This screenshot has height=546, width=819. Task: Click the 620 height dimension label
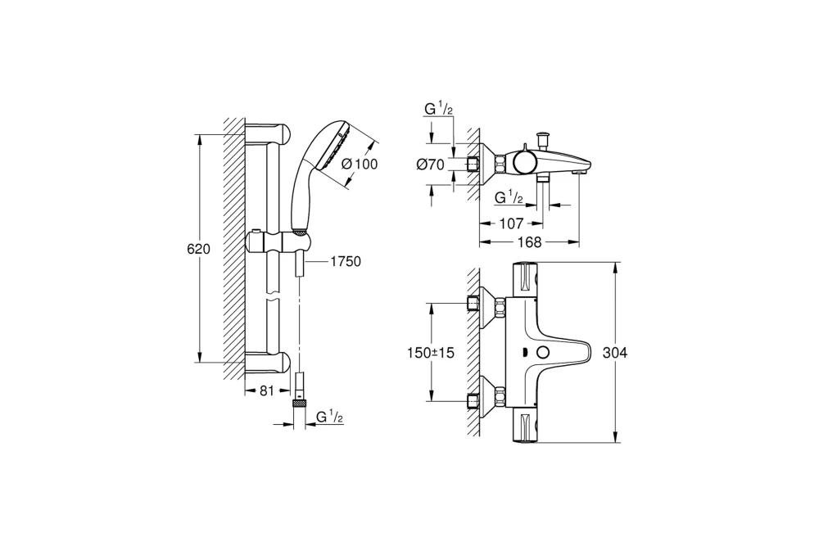(200, 249)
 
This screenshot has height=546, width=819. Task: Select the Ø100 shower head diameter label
(359, 164)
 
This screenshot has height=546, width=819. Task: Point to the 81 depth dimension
(266, 391)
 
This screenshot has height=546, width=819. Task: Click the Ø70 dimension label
(430, 164)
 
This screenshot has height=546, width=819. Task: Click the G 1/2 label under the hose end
(329, 417)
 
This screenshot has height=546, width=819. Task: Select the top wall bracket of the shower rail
(266, 132)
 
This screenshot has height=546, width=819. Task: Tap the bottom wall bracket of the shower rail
(266, 363)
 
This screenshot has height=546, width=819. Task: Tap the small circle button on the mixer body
(541, 353)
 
